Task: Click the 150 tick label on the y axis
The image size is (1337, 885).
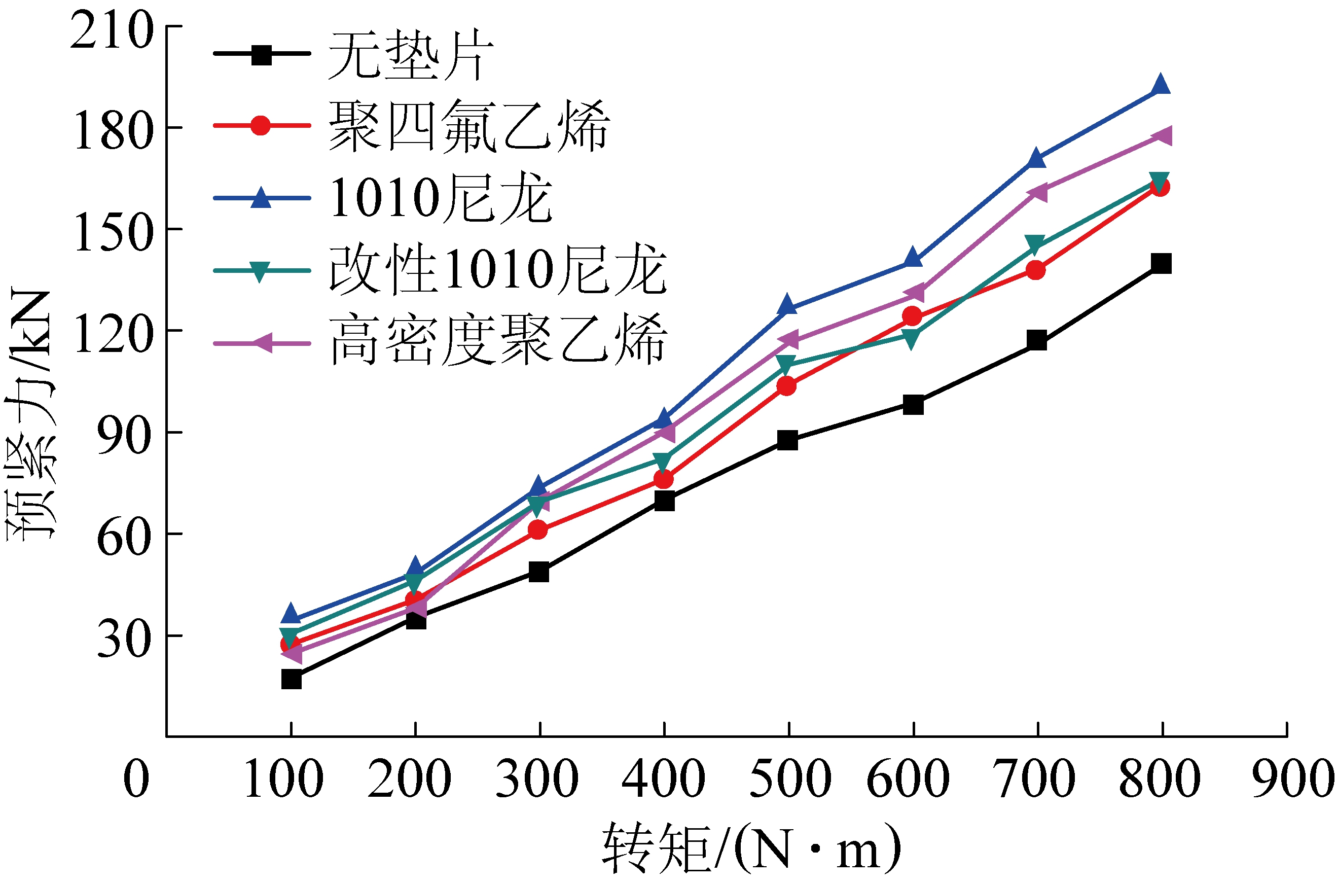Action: pos(113,231)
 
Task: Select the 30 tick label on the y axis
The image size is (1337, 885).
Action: pos(124,639)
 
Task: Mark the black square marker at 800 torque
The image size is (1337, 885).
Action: pos(1161,263)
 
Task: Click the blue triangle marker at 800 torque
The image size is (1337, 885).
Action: pos(1161,85)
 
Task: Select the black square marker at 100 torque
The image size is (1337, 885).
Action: pos(291,680)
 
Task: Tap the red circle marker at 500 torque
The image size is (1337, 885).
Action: pos(786,386)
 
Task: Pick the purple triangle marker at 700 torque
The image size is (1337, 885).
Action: pos(1037,192)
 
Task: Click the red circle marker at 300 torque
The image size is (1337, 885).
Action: pos(538,529)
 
